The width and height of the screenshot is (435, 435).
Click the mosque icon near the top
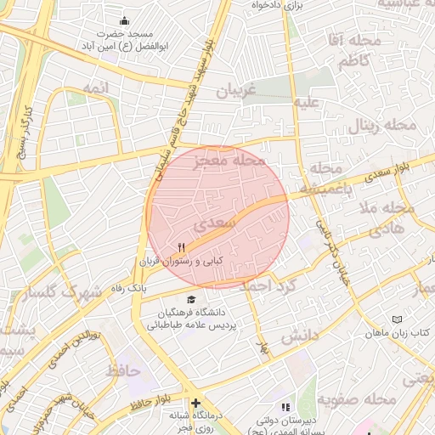[x=125, y=21]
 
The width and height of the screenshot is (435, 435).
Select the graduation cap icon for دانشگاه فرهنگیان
[x=191, y=300]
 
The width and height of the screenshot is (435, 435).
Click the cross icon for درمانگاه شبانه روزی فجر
[x=196, y=403]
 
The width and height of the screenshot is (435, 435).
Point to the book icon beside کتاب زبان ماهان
[x=397, y=319]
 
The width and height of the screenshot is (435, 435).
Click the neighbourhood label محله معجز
[x=229, y=160]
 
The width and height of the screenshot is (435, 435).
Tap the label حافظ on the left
[x=123, y=371]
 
